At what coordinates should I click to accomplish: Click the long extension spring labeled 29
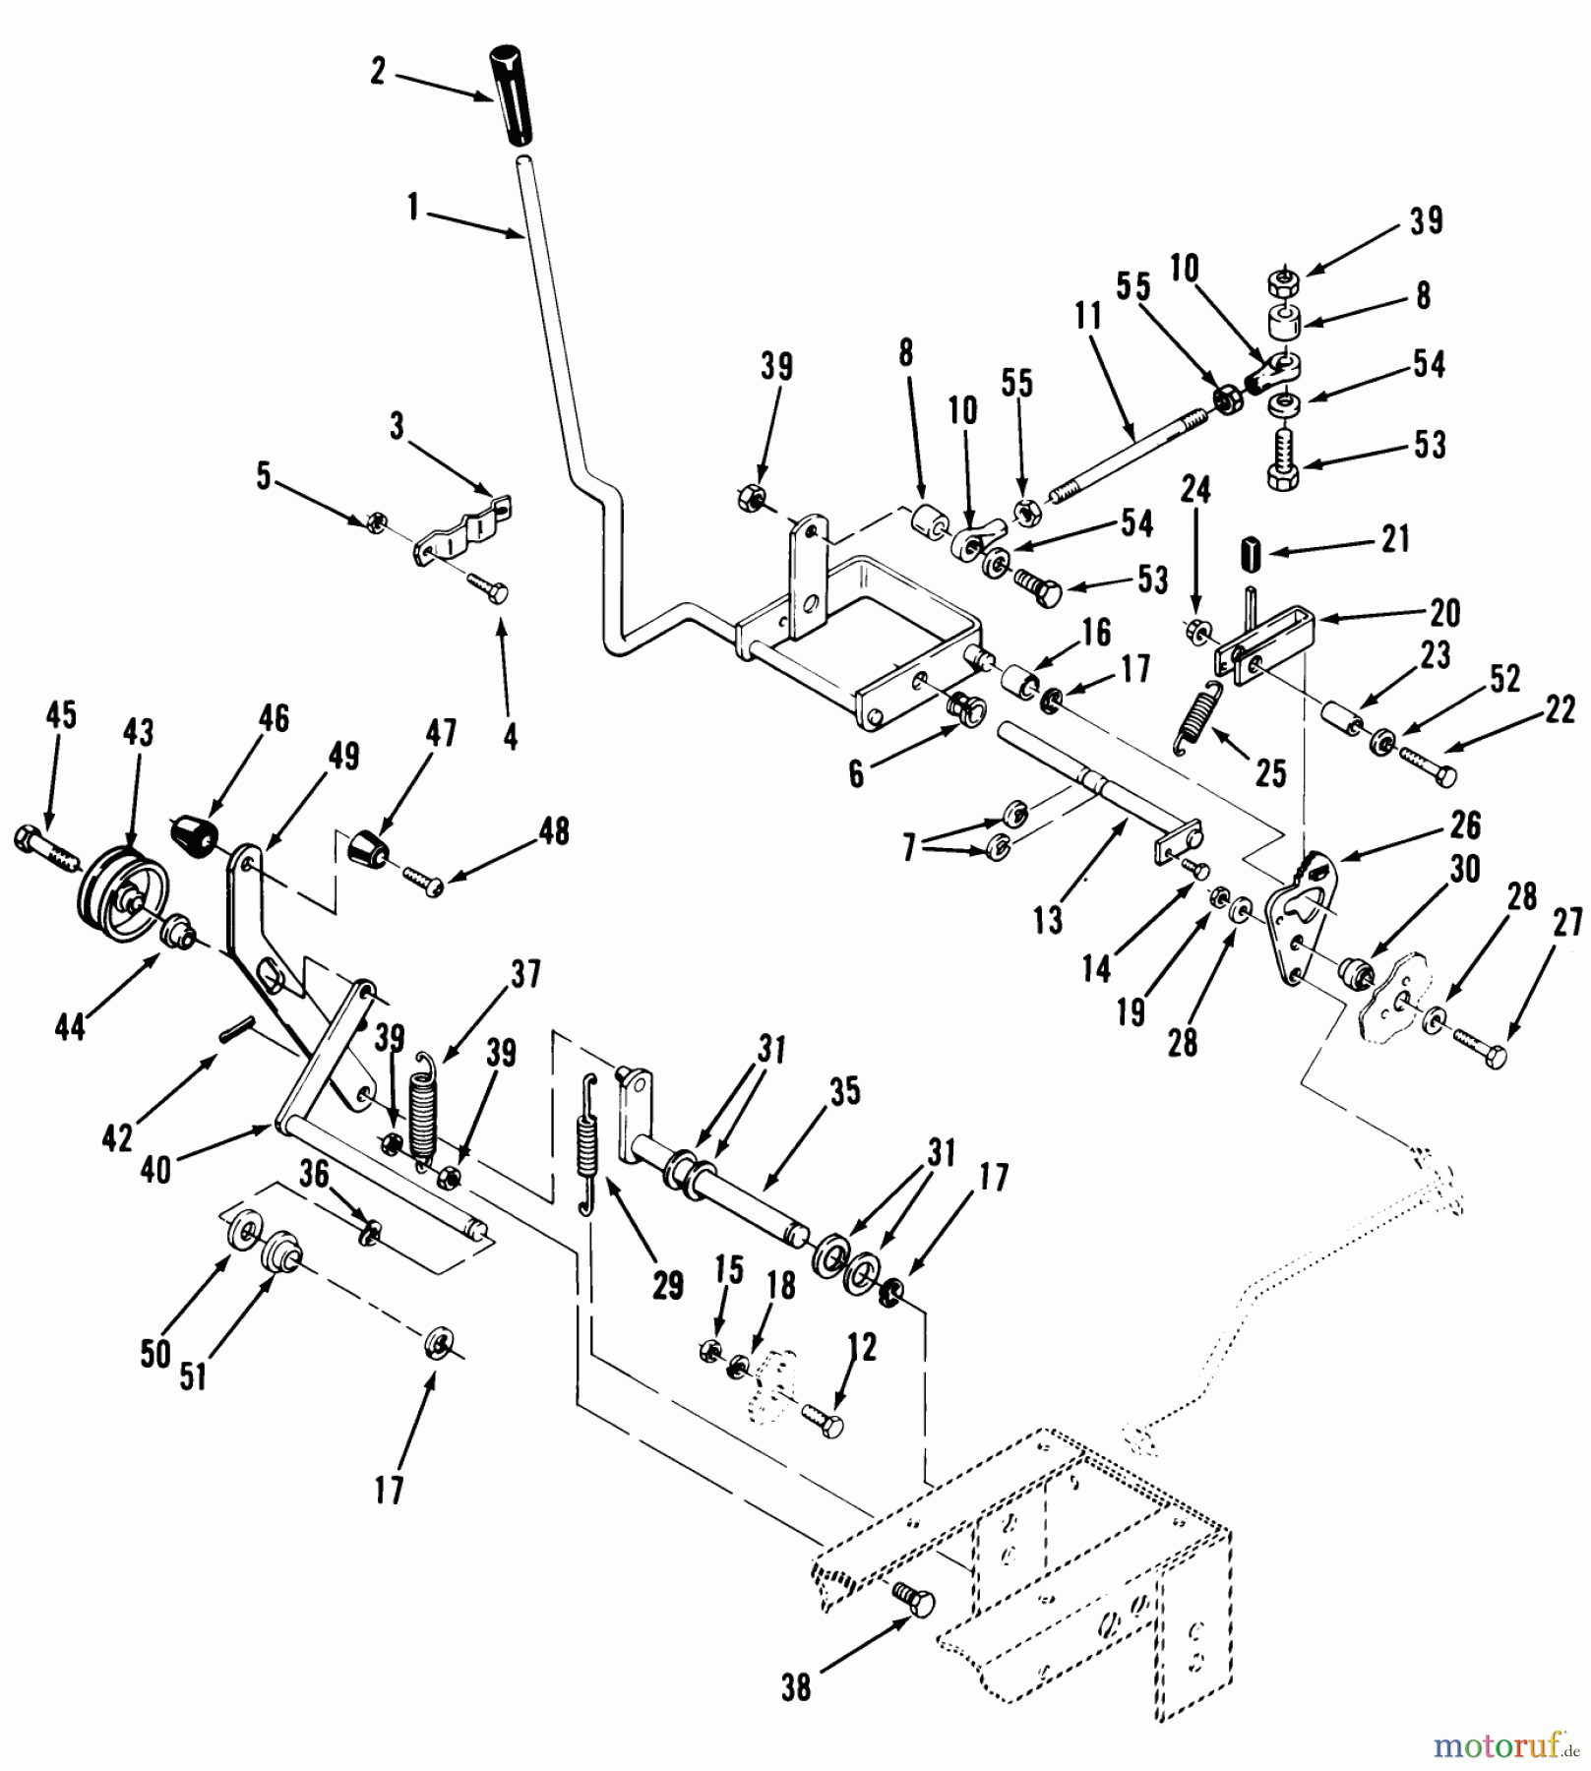587,1143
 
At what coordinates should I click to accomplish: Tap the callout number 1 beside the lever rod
413,209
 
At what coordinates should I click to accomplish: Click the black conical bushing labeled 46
195,835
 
